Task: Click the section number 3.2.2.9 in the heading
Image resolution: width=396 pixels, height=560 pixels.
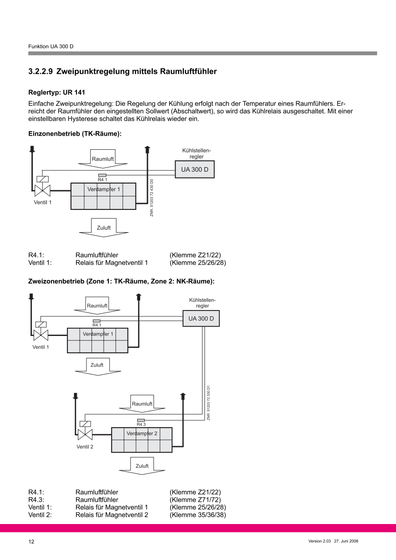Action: tap(41, 71)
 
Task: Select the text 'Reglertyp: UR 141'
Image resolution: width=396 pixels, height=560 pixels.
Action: tap(56, 92)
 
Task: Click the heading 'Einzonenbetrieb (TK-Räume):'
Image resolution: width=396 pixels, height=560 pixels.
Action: tap(75, 134)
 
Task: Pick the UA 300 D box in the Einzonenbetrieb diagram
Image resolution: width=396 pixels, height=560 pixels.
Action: tap(195, 169)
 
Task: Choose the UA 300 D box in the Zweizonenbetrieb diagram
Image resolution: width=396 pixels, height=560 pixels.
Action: tap(201, 319)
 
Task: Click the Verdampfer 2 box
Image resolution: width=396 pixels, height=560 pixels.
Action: tap(142, 439)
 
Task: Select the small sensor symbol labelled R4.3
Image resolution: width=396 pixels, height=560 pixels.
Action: tap(141, 420)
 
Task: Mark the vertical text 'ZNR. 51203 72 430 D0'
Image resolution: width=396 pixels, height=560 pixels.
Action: tap(152, 198)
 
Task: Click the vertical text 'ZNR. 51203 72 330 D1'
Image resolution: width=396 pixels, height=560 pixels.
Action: tap(208, 402)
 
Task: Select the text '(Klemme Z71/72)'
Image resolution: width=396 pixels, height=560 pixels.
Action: tap(195, 499)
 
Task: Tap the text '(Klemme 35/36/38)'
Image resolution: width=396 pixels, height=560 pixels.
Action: tap(198, 515)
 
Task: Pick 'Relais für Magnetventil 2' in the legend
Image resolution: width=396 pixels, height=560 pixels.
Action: tap(112, 515)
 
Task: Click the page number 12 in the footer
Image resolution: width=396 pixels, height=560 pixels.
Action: tap(31, 542)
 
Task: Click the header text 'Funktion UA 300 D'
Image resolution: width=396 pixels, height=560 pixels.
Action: tap(51, 47)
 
